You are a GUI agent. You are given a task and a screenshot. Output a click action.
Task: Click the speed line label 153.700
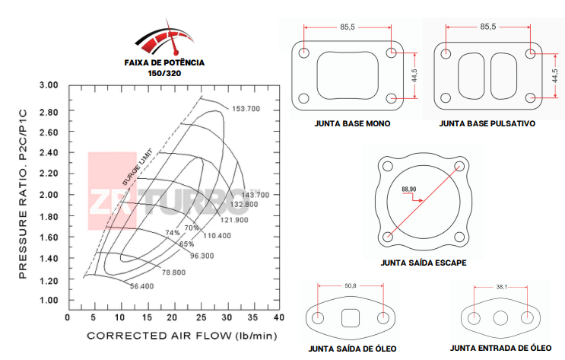[246, 110]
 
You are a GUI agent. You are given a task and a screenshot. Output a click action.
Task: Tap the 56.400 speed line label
[141, 286]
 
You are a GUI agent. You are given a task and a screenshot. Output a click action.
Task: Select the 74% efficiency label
[173, 232]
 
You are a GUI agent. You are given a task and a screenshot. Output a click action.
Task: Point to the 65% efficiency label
[186, 244]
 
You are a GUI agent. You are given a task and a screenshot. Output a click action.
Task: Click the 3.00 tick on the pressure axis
[49, 85]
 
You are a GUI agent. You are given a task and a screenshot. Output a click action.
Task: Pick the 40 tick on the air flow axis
[279, 317]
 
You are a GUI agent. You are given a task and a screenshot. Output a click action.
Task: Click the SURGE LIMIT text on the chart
[138, 167]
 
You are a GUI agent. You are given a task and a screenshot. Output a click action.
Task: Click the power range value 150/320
[163, 74]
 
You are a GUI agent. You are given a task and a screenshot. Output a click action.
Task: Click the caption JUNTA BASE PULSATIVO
[487, 123]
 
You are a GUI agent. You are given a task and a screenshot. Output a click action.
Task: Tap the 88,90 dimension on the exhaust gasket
[408, 189]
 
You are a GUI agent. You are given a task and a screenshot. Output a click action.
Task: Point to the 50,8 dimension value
[350, 286]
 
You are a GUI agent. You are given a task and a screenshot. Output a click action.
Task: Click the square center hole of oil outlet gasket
[351, 317]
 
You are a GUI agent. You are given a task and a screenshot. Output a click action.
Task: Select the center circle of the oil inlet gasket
[501, 318]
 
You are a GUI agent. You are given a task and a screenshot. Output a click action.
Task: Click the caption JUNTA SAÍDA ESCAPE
[423, 263]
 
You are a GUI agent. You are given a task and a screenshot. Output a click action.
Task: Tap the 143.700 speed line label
[254, 195]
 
